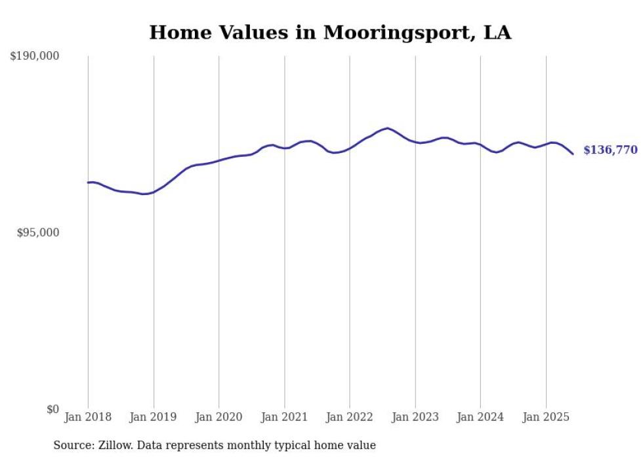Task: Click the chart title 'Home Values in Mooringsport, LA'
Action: [x=330, y=32]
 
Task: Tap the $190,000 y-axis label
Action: [x=34, y=56]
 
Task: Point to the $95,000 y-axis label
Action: [x=37, y=232]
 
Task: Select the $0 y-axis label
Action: [x=52, y=409]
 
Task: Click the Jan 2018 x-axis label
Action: [x=88, y=417]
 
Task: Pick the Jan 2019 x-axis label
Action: [x=154, y=417]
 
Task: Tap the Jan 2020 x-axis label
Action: [x=219, y=417]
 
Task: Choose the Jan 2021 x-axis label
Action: [x=284, y=417]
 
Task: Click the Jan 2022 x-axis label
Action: [x=350, y=417]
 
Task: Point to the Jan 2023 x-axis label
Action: [x=415, y=417]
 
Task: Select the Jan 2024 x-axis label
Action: [x=480, y=417]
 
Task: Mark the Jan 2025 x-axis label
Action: [x=546, y=417]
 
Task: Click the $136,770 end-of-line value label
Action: [x=610, y=150]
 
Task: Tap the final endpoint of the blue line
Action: [x=573, y=154]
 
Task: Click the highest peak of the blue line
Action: [x=388, y=128]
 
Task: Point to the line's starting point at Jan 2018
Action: [x=88, y=183]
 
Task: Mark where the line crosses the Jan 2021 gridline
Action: [x=284, y=148]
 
